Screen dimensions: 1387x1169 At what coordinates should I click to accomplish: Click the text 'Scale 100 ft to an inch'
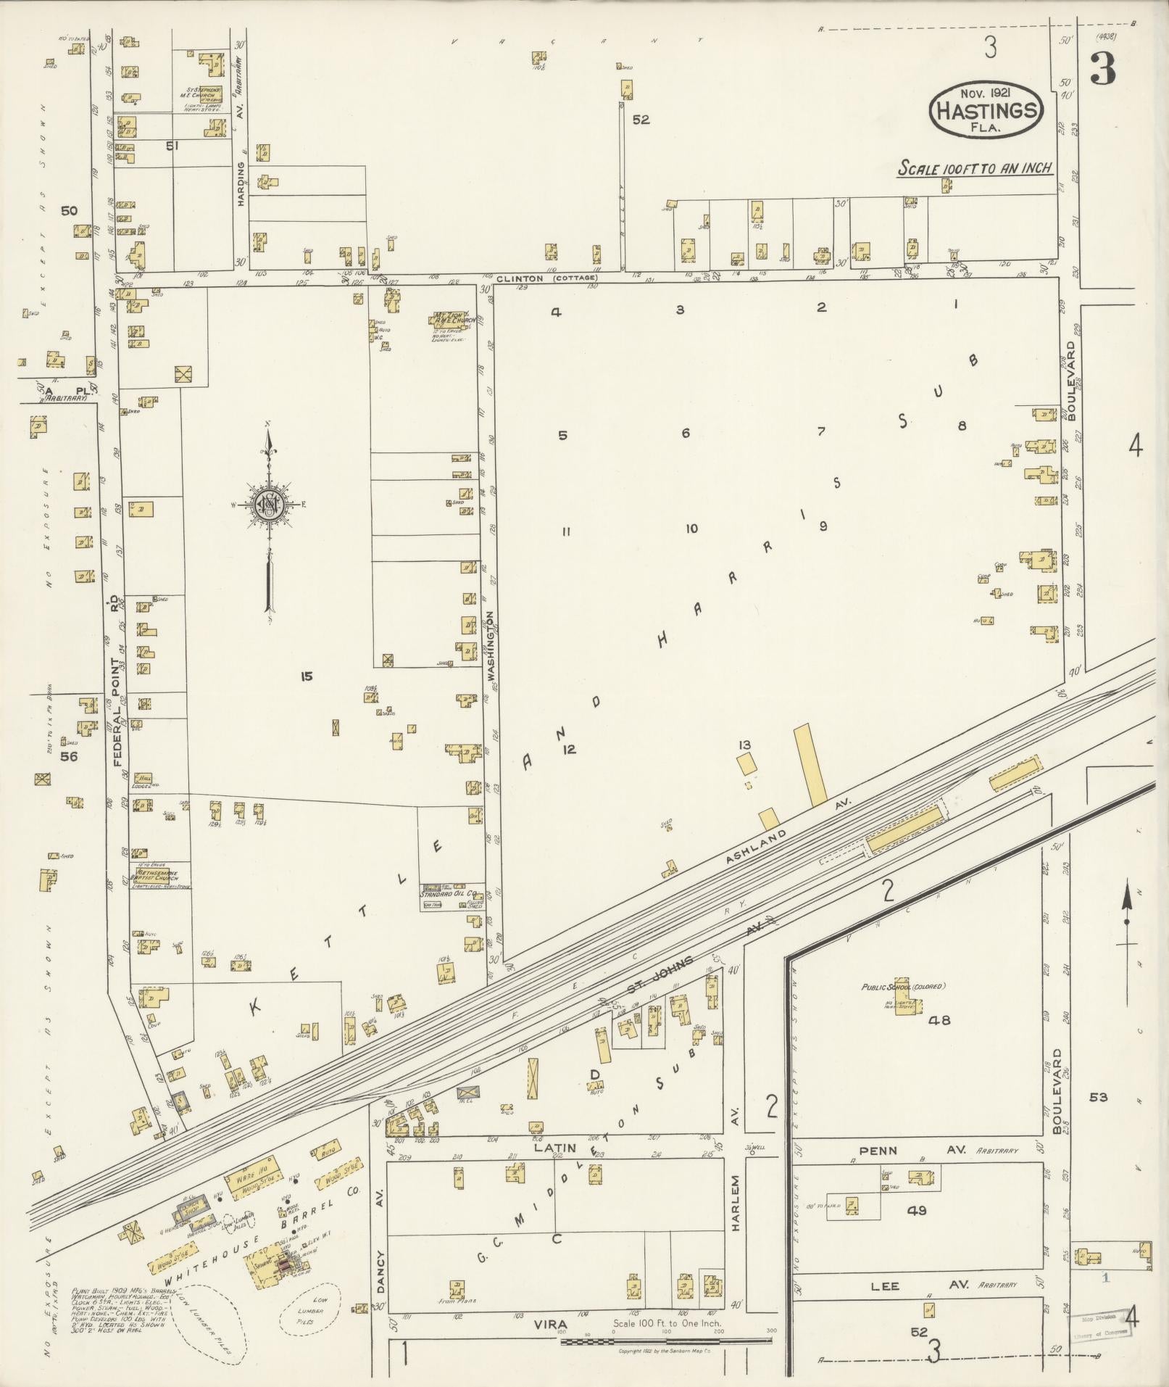click(975, 168)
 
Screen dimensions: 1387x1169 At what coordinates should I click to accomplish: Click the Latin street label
click(554, 1148)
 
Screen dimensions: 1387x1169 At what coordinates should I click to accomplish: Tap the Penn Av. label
click(879, 1151)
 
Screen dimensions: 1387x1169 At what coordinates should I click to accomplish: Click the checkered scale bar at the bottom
click(665, 1341)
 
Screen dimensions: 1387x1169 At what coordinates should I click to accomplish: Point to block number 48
click(940, 1020)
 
